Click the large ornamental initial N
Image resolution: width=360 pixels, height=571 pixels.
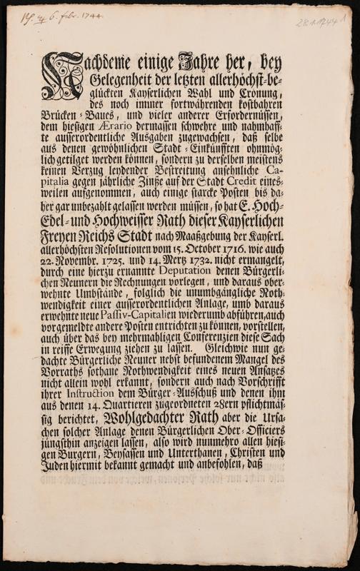point(64,78)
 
